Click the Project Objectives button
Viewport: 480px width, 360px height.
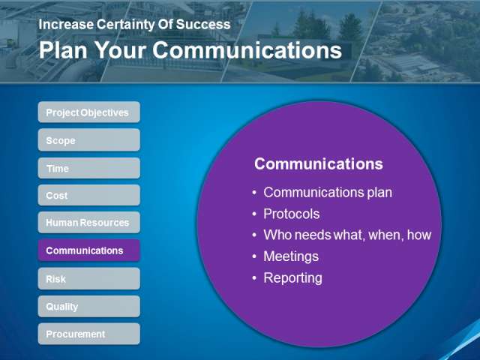[89, 112]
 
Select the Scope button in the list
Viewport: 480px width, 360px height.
[89, 140]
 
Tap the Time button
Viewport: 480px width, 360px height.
[89, 168]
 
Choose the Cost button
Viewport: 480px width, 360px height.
[89, 195]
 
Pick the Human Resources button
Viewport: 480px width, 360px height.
[89, 223]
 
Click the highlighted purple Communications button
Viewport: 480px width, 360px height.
[89, 250]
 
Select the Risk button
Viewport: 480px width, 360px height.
[89, 279]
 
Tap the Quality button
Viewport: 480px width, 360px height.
[89, 307]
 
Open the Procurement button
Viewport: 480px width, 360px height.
[89, 334]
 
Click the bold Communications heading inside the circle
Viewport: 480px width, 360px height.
[318, 163]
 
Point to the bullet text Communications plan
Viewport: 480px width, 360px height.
[328, 193]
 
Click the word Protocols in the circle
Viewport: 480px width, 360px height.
[292, 214]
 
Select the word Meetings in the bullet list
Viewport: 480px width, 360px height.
[291, 256]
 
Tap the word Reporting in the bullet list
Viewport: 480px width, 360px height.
[293, 278]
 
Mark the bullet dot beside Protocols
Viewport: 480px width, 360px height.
[254, 214]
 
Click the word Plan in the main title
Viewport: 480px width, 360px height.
[63, 50]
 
